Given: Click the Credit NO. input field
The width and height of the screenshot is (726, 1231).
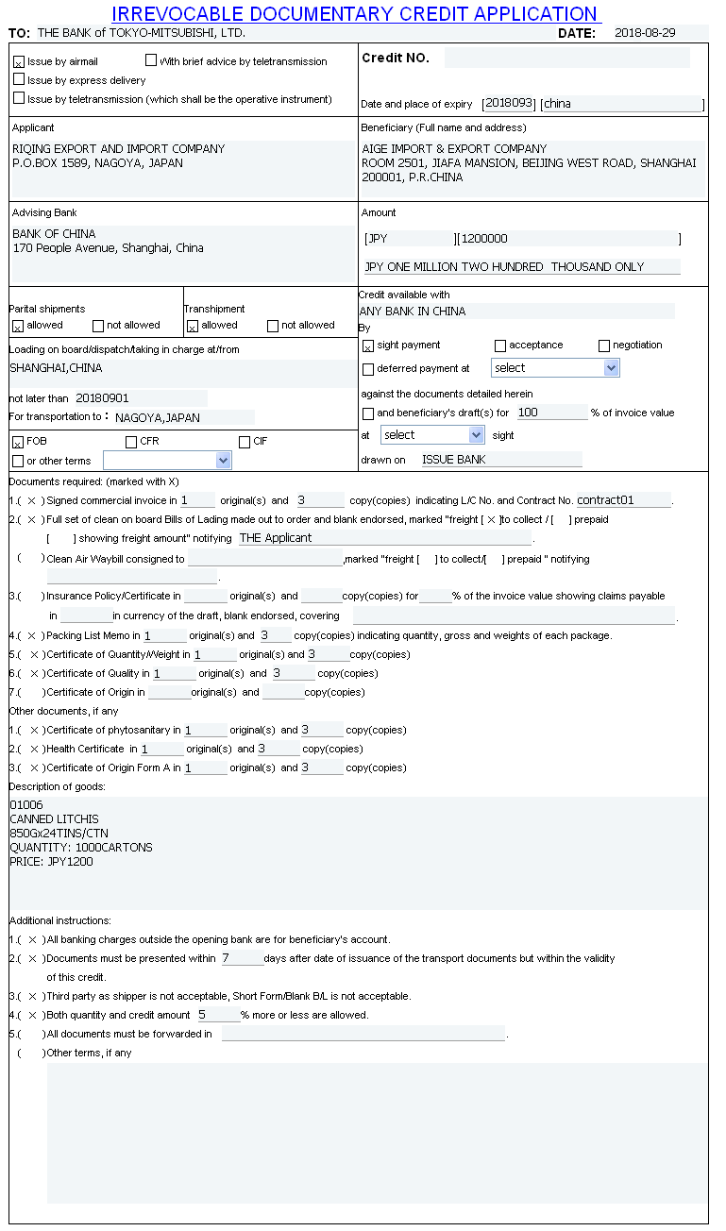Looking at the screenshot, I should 566,59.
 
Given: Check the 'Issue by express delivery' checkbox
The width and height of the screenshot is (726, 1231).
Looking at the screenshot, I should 19,80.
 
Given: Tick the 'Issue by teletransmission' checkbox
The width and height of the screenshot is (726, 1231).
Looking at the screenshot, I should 19,98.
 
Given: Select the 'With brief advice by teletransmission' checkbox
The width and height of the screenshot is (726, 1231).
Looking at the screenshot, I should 151,61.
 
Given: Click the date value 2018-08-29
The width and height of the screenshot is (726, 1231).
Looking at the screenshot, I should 645,33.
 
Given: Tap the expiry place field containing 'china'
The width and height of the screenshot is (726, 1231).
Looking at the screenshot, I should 623,104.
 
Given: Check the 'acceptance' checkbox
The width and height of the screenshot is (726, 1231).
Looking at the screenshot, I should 500,346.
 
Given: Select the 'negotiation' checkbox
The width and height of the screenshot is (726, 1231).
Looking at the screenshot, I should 604,346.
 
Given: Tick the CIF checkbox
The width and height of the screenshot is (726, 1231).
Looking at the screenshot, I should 245,442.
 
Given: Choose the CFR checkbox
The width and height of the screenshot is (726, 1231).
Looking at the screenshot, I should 131,442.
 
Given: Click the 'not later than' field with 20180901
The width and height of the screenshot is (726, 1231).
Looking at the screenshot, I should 140,398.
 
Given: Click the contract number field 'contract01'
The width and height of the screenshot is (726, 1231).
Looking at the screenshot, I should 623,500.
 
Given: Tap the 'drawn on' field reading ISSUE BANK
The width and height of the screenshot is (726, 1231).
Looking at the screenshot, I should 500,460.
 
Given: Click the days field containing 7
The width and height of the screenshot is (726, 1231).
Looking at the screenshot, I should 242,958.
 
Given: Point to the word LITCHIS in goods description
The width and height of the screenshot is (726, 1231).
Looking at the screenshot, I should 76,819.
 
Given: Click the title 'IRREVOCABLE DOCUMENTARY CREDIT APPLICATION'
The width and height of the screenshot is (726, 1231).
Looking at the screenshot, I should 355,14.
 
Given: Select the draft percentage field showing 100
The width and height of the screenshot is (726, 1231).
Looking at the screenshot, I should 551,413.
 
